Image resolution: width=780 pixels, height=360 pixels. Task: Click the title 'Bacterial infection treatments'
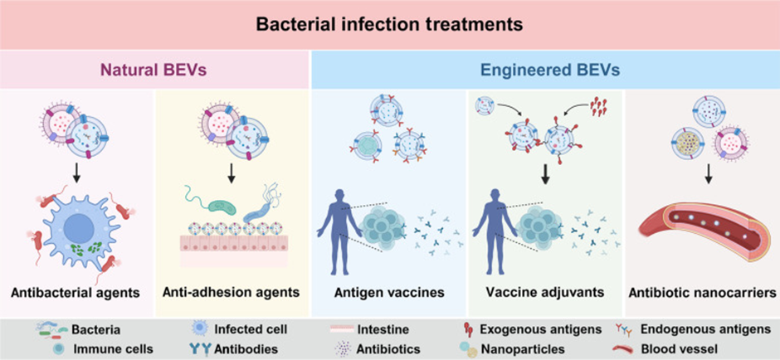(x=389, y=24)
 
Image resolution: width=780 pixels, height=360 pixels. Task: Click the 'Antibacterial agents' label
(x=76, y=292)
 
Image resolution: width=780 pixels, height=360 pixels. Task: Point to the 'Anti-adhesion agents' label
(x=231, y=292)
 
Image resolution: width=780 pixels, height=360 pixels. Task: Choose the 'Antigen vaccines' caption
(x=389, y=292)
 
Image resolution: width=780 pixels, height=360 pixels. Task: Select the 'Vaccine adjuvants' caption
(x=546, y=292)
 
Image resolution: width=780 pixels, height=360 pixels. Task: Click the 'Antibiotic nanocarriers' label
(x=703, y=292)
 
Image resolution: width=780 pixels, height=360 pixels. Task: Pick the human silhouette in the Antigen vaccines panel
(x=339, y=223)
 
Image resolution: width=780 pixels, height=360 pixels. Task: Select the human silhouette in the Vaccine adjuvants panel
(x=494, y=223)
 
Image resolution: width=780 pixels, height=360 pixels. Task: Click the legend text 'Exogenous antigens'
(x=541, y=329)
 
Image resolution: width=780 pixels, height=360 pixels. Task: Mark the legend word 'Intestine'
(x=383, y=329)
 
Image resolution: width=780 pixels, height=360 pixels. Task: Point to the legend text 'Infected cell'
(x=251, y=329)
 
